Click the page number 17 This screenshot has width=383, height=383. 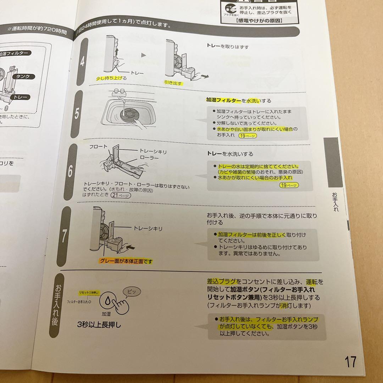coord(350,362)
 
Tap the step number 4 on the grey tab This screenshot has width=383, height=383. coord(82,62)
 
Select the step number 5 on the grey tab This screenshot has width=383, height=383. coord(77,114)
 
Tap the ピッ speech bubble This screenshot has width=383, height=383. coord(131,292)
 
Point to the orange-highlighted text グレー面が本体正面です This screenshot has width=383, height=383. coord(126,261)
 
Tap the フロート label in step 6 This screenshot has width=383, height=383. coord(98,146)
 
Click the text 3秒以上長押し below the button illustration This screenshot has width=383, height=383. coord(99,324)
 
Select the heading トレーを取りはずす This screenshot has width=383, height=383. coord(227,46)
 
